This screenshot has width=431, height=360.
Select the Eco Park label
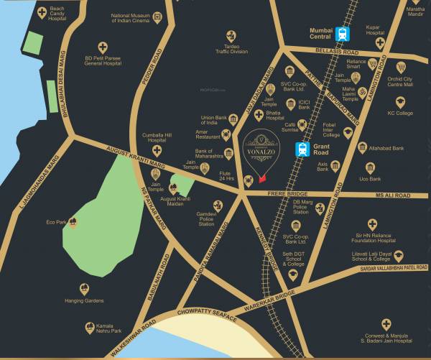pyautogui.click(x=56, y=222)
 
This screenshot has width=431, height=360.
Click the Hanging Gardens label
pyautogui.click(x=84, y=300)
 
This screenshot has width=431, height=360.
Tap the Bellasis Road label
pyautogui.click(x=336, y=50)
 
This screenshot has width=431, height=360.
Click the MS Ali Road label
pyautogui.click(x=392, y=195)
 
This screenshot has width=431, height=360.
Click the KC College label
pyautogui.click(x=400, y=113)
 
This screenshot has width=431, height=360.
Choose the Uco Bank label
pyautogui.click(x=370, y=177)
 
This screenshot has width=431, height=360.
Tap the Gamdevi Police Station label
pyautogui.click(x=207, y=219)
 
